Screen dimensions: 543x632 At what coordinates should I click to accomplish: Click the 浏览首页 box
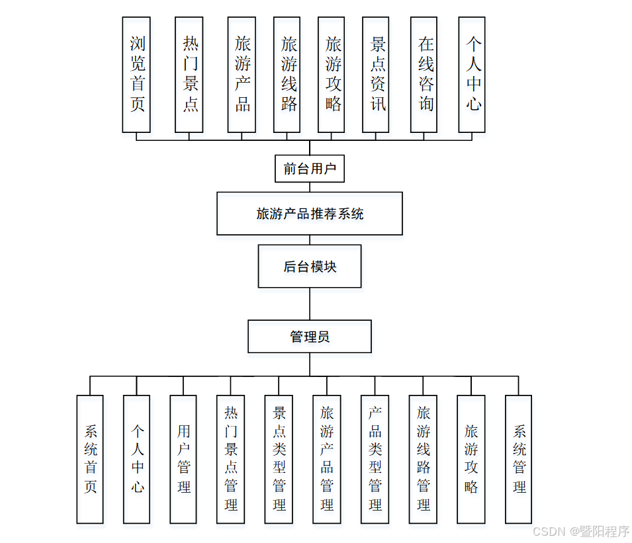(136, 75)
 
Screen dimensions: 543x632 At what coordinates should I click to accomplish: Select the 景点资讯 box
(376, 75)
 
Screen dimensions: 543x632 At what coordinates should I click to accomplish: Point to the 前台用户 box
(310, 168)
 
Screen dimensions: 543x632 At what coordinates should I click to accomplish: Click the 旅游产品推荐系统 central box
(310, 214)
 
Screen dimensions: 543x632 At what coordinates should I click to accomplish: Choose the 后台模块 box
(310, 267)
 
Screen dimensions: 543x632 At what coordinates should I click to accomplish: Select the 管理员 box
(310, 337)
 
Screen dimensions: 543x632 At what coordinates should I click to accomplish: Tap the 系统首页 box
(90, 460)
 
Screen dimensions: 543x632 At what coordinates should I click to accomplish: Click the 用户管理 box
(183, 460)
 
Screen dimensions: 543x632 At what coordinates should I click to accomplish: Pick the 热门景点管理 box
(230, 460)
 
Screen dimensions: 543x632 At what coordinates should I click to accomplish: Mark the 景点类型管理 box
(279, 460)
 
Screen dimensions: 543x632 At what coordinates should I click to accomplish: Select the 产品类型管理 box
(375, 460)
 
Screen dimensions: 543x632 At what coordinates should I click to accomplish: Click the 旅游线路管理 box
(423, 460)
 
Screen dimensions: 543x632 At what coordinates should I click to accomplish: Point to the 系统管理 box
(519, 460)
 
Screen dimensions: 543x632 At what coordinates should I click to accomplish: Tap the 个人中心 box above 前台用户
(472, 75)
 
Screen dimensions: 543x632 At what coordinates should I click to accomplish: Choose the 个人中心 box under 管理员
(136, 460)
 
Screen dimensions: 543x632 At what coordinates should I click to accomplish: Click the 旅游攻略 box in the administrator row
(471, 460)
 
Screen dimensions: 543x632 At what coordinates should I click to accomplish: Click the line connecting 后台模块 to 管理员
(310, 304)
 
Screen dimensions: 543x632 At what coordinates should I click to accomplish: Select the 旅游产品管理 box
(327, 460)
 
